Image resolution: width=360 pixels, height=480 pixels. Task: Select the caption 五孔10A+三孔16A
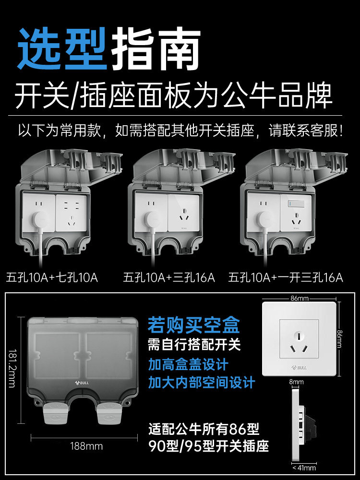[x=169, y=277]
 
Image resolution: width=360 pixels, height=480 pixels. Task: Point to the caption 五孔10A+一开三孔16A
[x=286, y=277]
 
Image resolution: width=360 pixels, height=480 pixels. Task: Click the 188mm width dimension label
[x=87, y=446]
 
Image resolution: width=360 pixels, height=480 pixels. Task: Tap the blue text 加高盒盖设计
[x=188, y=364]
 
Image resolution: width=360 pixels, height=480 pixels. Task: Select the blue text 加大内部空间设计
[x=201, y=383]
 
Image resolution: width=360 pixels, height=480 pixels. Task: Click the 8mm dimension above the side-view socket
[x=297, y=382]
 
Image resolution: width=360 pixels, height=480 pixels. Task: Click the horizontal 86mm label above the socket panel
[x=299, y=299]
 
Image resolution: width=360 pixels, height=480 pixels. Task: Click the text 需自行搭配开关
[x=194, y=344]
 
